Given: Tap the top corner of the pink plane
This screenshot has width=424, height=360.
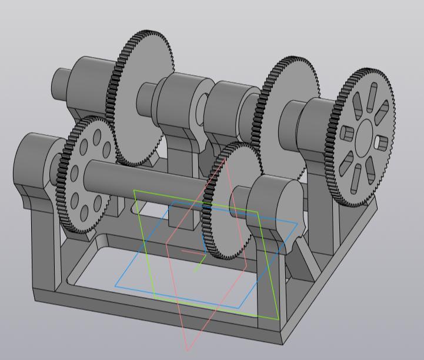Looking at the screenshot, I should [225, 158].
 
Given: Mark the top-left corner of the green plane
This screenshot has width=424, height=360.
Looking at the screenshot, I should [134, 191].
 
